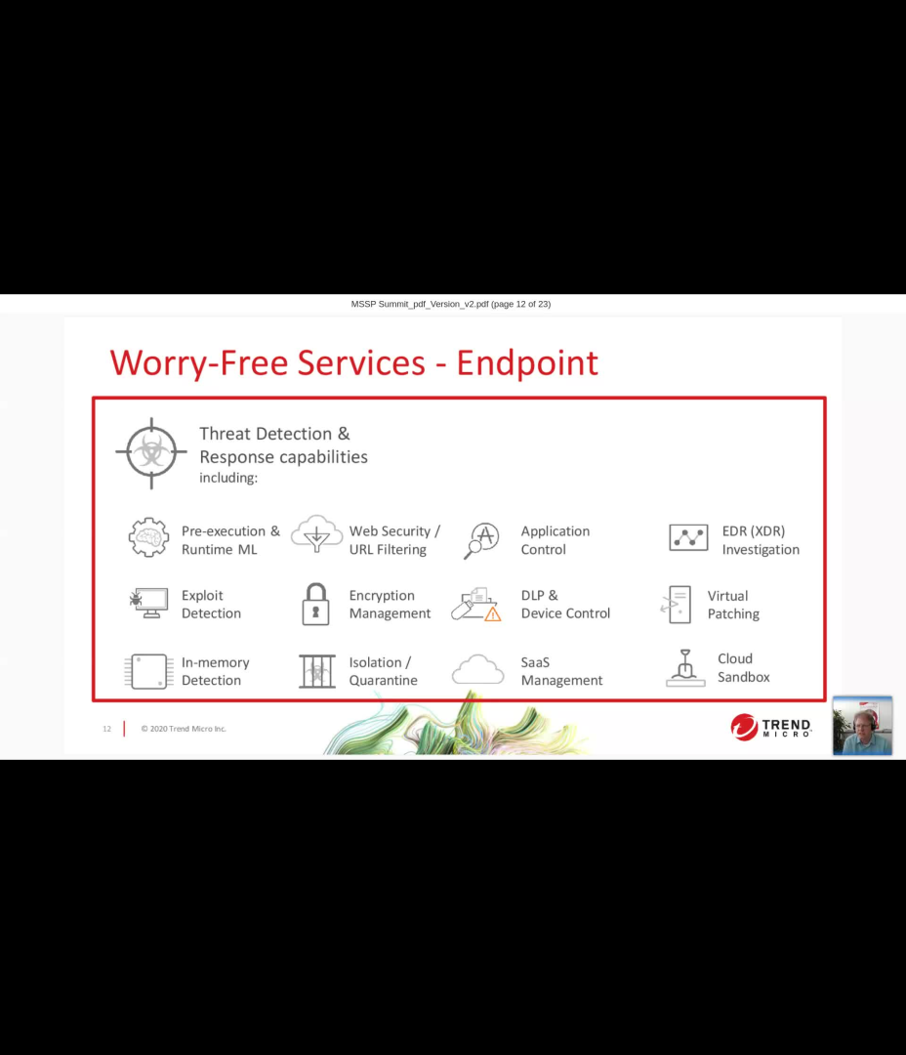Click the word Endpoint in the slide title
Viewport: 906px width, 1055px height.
click(527, 363)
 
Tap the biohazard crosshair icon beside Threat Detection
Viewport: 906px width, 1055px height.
click(151, 453)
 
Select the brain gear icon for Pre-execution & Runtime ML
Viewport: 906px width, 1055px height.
click(148, 538)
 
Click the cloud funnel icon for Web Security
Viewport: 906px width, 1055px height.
click(316, 534)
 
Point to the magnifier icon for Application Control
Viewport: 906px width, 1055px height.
click(481, 539)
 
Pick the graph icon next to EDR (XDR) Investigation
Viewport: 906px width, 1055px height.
click(688, 537)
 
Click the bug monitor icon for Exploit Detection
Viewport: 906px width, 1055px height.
click(148, 603)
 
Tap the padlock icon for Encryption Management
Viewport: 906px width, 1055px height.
click(315, 604)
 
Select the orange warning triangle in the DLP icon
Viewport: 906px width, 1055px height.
click(493, 614)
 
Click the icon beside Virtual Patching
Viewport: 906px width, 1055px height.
click(676, 605)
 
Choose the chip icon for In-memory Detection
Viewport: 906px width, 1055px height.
click(148, 671)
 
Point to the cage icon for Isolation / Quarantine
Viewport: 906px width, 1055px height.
click(316, 671)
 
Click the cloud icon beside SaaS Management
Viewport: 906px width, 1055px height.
click(478, 670)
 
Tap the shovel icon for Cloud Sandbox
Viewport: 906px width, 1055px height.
click(685, 668)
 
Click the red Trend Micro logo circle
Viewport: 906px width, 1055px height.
click(744, 727)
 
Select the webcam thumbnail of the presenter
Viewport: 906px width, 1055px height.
click(862, 726)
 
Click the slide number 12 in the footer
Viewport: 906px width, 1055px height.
click(107, 729)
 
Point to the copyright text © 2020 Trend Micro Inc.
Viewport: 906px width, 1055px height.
click(184, 729)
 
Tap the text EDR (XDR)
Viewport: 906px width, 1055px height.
click(753, 531)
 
